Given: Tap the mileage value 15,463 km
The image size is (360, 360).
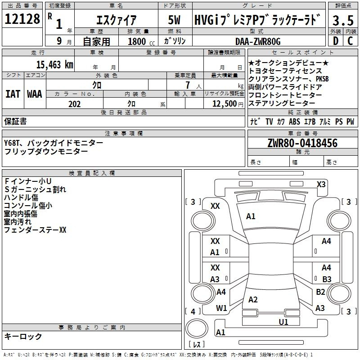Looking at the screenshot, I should tap(54, 64).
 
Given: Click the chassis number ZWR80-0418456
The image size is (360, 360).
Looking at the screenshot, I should tap(302, 143).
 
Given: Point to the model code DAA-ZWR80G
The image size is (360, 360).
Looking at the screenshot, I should tap(258, 41).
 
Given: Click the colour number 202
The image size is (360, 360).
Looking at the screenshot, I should tap(74, 104).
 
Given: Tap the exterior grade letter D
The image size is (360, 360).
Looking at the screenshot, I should tap(335, 41).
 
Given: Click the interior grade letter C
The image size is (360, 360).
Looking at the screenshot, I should tap(350, 41).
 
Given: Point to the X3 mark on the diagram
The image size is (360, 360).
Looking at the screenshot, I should tap(321, 184).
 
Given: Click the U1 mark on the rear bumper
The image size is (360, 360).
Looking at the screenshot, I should tap(283, 321).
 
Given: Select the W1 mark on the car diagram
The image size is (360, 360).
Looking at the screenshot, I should tap(221, 308).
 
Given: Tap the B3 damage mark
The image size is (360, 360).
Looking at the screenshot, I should tap(327, 279).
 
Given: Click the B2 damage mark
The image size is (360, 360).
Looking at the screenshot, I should tap(320, 292).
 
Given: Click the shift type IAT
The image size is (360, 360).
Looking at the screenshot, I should tap(13, 94).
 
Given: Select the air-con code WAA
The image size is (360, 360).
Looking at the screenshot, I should tap(35, 94).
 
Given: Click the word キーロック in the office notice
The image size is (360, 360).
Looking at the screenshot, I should tap(23, 336).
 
